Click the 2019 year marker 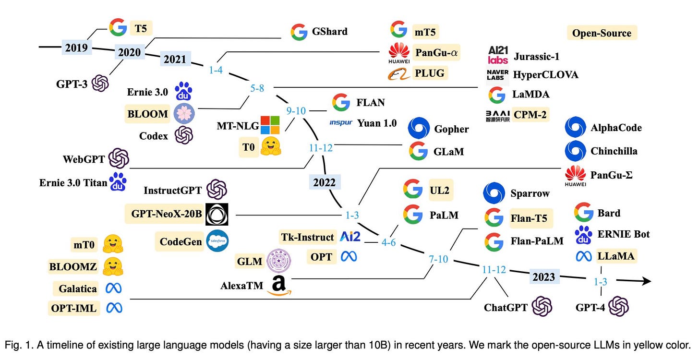[x=76, y=48]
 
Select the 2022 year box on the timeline [x=325, y=182]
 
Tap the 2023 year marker [x=543, y=277]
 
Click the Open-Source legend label [x=602, y=33]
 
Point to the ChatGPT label [x=506, y=307]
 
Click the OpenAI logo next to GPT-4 [x=618, y=306]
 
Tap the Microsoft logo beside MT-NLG [x=269, y=125]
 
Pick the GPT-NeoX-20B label [x=163, y=214]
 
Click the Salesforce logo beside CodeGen [x=217, y=241]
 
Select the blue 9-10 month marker [x=296, y=111]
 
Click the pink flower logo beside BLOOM [x=183, y=114]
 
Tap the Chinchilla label [x=614, y=151]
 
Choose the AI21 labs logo [x=497, y=55]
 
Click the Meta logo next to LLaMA [x=584, y=256]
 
